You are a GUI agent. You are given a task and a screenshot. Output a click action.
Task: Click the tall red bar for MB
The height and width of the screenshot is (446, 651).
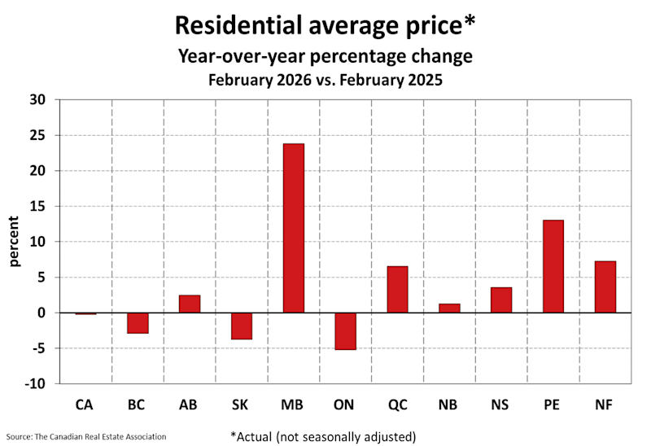point(293,229)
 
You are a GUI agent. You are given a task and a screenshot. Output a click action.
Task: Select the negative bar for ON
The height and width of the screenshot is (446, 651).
point(345,331)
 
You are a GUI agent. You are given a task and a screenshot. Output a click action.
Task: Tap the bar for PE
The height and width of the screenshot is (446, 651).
point(553,267)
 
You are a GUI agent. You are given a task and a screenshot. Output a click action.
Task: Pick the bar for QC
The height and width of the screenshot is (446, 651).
point(397,290)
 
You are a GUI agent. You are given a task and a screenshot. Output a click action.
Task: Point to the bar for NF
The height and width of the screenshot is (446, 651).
point(605,287)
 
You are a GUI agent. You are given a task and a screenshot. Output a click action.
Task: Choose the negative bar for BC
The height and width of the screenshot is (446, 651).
point(138,323)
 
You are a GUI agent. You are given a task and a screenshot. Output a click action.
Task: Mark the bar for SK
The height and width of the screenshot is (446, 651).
point(242,326)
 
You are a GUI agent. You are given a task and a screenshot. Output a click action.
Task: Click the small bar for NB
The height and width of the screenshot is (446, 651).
point(449,308)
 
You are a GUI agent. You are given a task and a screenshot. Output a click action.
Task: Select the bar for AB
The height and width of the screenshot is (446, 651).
point(190,304)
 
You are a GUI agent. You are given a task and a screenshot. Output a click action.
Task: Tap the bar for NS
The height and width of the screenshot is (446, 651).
point(501,300)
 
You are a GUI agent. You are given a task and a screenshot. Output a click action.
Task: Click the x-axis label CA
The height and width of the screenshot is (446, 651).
point(85,403)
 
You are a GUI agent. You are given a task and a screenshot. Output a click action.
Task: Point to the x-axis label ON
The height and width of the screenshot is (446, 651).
point(345,403)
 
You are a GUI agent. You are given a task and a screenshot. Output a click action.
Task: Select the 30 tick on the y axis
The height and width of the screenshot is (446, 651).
point(39,100)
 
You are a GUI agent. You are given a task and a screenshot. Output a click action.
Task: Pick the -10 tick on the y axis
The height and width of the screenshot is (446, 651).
point(37,384)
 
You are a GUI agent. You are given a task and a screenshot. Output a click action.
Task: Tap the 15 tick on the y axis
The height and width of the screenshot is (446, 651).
point(39,207)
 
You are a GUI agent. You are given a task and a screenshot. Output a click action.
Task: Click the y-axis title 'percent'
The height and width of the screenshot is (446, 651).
point(15,242)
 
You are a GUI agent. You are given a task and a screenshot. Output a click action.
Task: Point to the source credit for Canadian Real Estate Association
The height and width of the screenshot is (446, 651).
point(88,437)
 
